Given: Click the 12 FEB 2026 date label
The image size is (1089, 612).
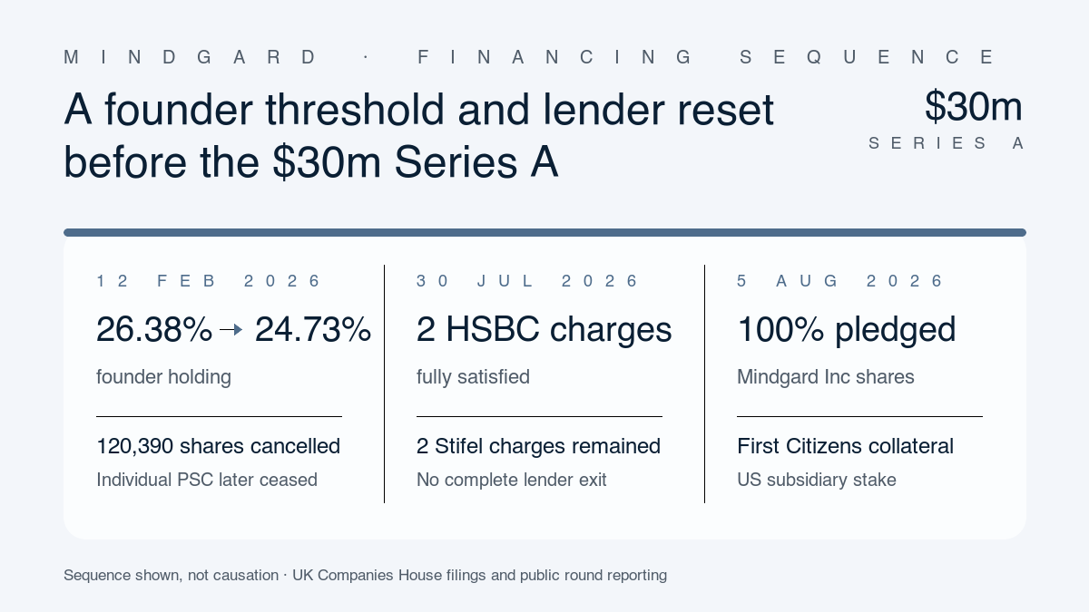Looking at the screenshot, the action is point(208,281).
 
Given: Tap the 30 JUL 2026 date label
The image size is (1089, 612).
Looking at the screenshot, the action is point(527,281).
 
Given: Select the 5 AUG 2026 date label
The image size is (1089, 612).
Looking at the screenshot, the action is point(839,281).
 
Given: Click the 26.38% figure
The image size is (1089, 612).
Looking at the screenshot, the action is point(154,329).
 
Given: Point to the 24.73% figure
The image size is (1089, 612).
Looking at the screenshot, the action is point(313,329).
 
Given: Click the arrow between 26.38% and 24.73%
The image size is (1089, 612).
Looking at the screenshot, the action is point(231,330).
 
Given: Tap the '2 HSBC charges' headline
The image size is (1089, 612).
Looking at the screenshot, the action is point(544,329).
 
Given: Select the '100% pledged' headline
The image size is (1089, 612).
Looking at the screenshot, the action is point(847,330).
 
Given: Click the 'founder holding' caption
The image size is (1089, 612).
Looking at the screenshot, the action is point(164,377).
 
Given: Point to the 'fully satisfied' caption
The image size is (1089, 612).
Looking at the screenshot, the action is point(473,377).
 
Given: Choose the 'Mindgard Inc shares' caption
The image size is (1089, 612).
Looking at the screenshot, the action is point(826,377).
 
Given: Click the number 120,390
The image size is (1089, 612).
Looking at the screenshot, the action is point(134,446).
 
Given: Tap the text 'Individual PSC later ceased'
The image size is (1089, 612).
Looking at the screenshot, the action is point(207,480).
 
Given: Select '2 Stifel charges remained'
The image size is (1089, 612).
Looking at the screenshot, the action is point(538,446).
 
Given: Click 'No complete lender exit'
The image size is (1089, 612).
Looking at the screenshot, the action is point(512,480).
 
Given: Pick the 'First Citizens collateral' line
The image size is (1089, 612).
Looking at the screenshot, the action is point(845,446).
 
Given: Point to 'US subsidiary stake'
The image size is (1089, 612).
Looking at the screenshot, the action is point(816,480).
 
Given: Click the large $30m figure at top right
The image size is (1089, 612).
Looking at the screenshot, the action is point(973,106).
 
